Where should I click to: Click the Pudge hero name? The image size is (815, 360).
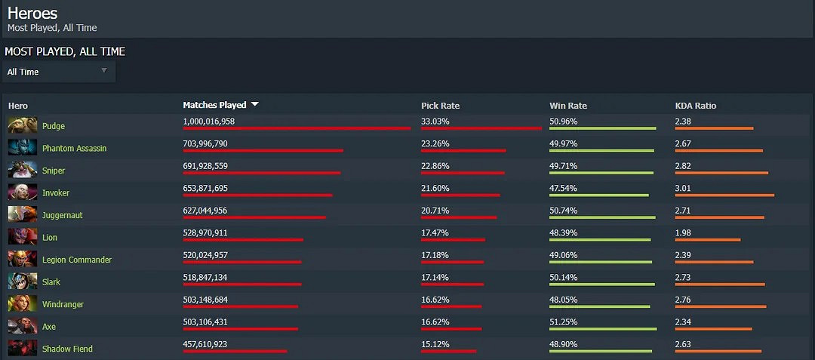coord(54,126)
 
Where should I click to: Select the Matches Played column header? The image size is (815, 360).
coord(214,105)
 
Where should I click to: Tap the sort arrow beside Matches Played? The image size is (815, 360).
coord(255,105)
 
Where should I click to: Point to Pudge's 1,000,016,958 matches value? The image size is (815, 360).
coord(209,121)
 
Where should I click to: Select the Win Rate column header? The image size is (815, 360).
coord(567,106)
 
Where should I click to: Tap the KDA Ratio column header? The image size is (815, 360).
coord(695,106)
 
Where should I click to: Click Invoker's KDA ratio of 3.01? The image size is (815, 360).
coord(684,188)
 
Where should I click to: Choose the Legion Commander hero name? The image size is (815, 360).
coord(77,260)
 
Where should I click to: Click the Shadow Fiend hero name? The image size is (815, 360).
coord(67,349)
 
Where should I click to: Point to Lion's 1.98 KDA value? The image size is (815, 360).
coord(683,232)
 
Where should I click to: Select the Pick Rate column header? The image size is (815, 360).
coord(440,106)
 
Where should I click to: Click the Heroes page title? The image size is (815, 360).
coord(32,13)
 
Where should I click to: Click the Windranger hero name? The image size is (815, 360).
coord(63,304)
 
